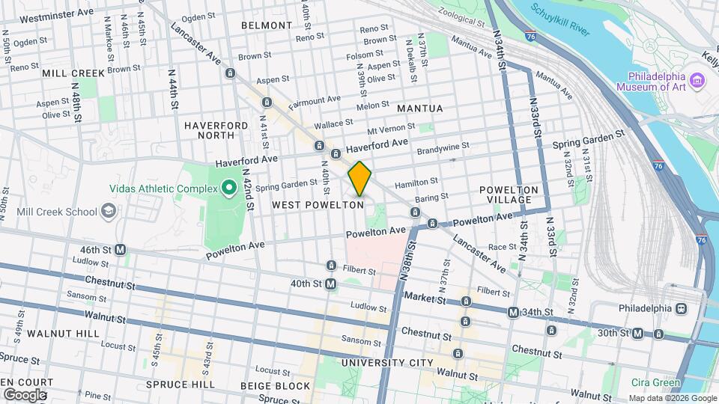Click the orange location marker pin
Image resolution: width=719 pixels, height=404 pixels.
[x=359, y=178]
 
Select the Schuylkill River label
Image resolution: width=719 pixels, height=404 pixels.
[x=560, y=19]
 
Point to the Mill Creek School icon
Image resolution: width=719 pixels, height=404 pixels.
[x=109, y=211]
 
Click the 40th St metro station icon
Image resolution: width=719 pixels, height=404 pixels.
[x=331, y=284]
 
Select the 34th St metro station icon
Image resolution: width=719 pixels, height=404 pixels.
[x=513, y=312]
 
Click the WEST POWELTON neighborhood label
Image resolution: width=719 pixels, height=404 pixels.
[x=318, y=204]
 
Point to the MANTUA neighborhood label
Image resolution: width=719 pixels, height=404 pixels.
[x=419, y=108]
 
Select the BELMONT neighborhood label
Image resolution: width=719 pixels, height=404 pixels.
[x=267, y=25]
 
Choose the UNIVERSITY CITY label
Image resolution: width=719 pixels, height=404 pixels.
[x=386, y=363]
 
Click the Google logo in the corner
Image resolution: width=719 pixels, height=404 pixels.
[x=24, y=394]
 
